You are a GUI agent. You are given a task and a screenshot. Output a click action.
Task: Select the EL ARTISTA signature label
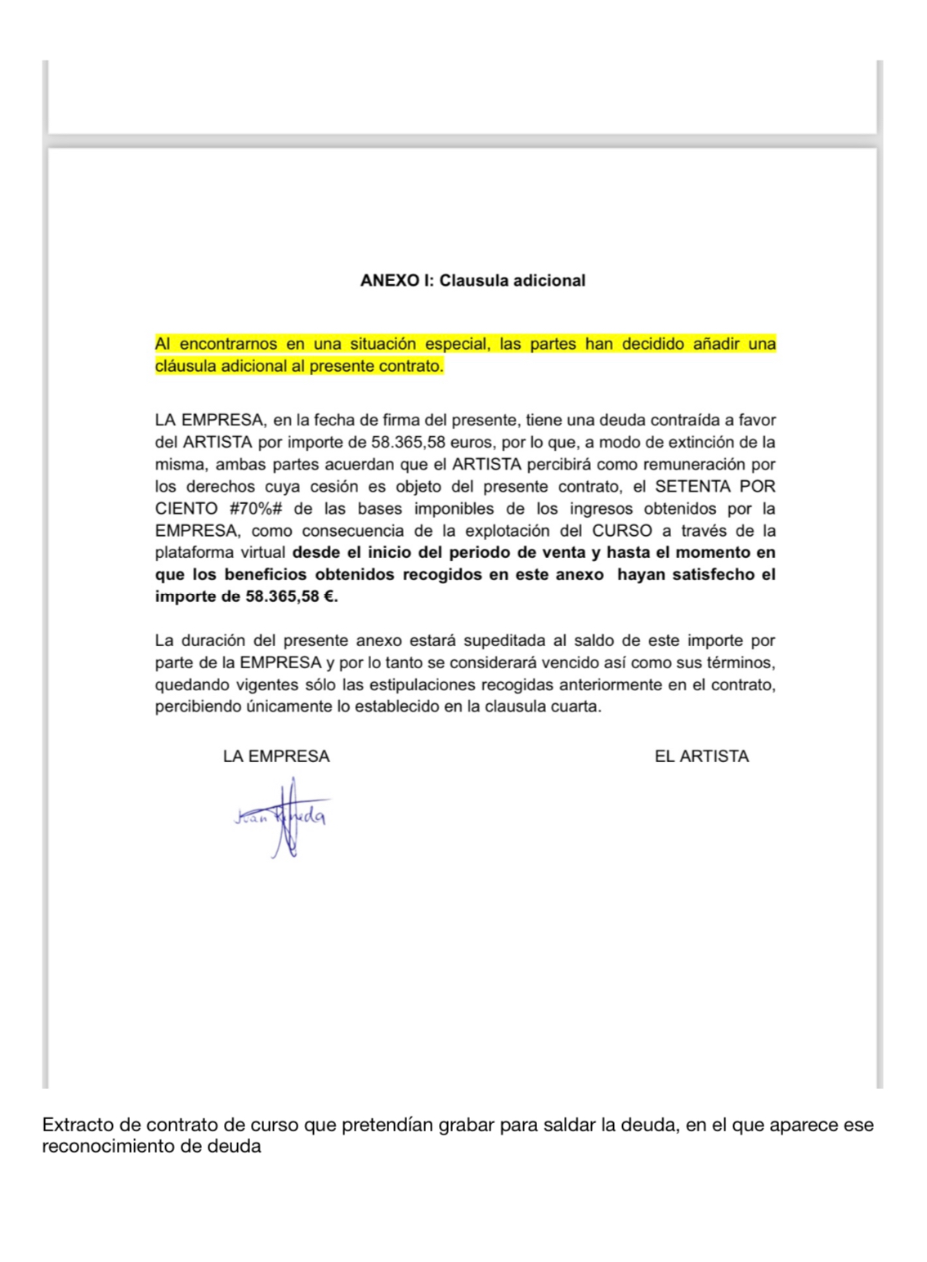[x=701, y=756]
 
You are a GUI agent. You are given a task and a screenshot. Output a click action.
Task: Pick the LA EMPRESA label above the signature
[x=276, y=756]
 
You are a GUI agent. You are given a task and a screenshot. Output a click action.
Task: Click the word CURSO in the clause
[x=622, y=531]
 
